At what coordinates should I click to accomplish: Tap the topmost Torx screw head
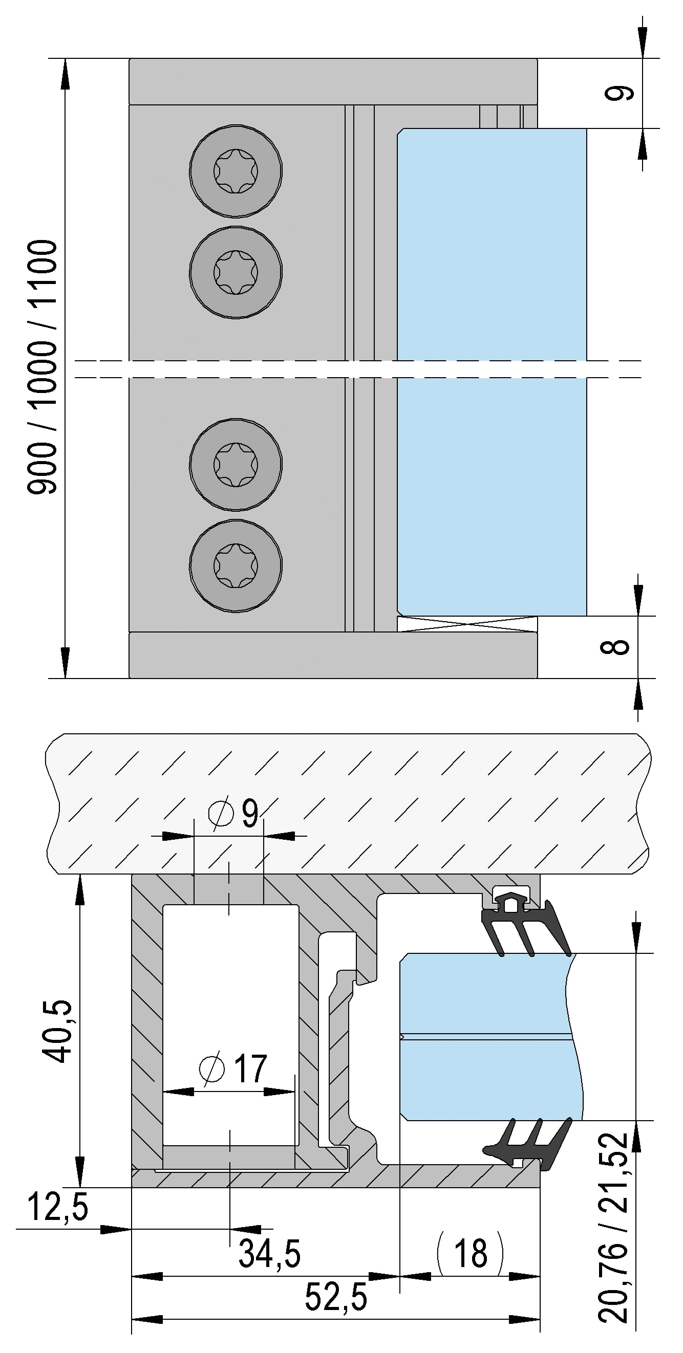pos(236,171)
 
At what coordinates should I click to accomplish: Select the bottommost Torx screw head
pos(236,565)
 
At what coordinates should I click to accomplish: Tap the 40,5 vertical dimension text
pos(57,1031)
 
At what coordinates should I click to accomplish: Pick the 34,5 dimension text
pos(269,1254)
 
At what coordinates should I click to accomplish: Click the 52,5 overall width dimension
pos(336,1297)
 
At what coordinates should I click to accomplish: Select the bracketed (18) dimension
pos(470,1253)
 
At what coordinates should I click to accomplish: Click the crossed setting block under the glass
pos(466,624)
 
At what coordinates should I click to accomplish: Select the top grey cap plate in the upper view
pos(333,81)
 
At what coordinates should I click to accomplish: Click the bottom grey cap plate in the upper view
pos(333,655)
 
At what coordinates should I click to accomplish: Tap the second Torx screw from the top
pos(236,272)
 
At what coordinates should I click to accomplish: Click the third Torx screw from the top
pos(236,464)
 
